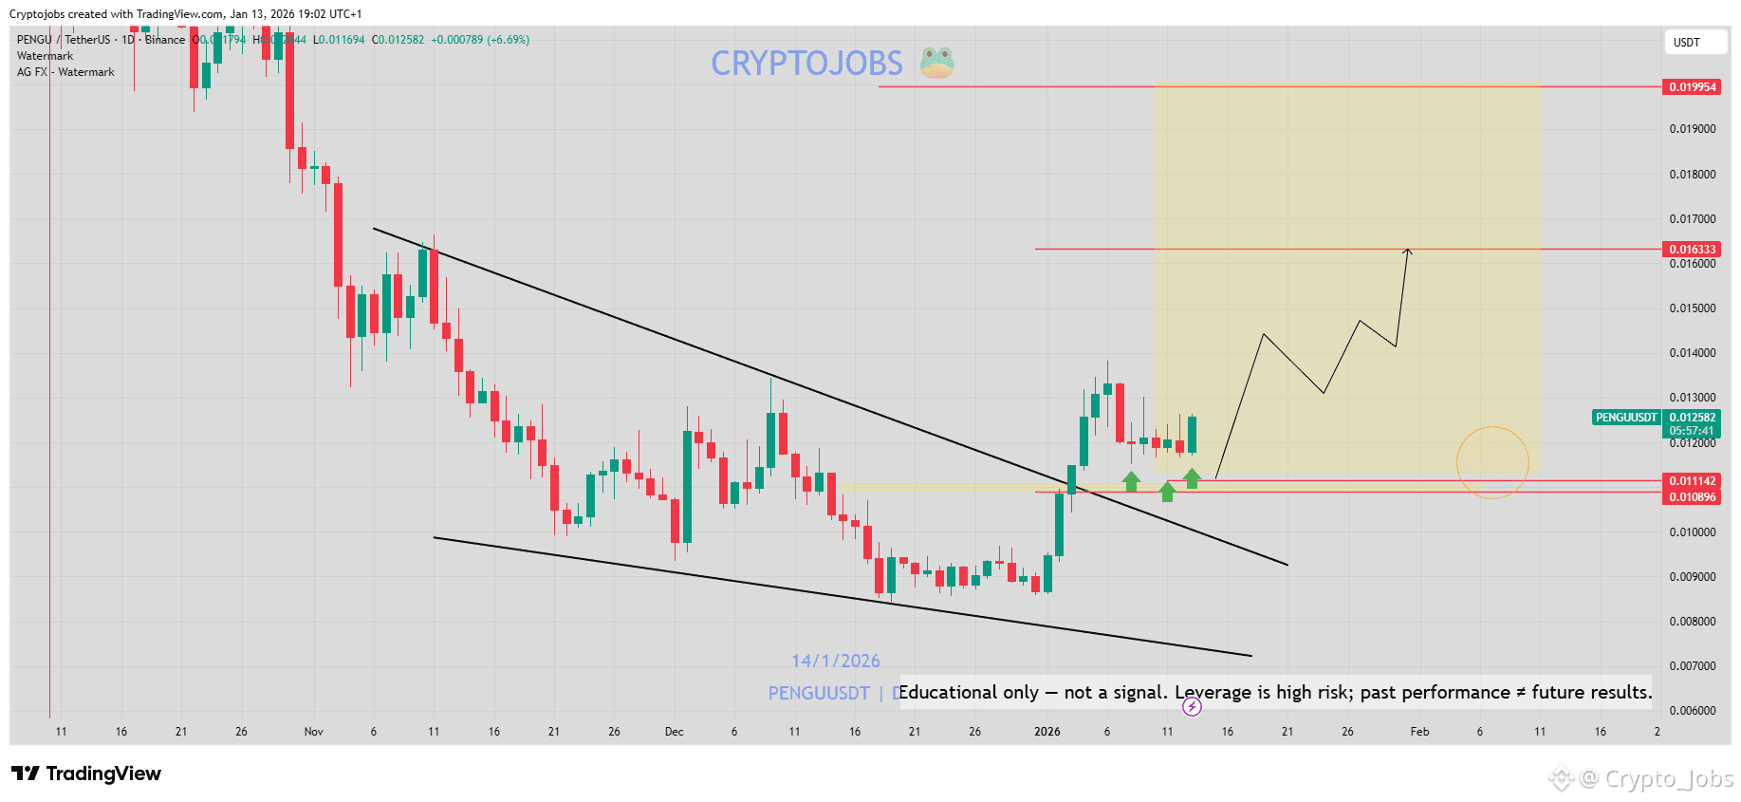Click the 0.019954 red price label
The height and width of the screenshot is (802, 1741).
[1693, 87]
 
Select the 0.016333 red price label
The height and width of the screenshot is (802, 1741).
[1693, 250]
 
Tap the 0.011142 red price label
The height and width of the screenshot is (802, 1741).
[1693, 481]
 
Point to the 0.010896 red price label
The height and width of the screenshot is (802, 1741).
[1693, 497]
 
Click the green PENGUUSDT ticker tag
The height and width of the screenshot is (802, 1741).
[1625, 418]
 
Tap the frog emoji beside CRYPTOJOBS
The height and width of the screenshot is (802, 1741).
[936, 63]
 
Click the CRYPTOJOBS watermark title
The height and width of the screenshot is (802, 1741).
[806, 64]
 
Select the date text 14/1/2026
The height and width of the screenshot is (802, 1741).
[836, 662]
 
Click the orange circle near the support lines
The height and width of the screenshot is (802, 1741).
[1492, 462]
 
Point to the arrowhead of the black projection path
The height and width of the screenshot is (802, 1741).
[1409, 251]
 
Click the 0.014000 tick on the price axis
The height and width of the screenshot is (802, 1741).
[1693, 353]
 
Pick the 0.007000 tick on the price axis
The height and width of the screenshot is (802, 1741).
[1693, 666]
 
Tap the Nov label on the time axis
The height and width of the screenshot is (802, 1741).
[313, 732]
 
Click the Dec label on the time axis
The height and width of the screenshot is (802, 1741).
[674, 732]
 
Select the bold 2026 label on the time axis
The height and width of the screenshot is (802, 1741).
[1046, 732]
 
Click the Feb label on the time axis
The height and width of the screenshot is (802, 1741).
[1419, 732]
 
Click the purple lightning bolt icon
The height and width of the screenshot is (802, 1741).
[1192, 706]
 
